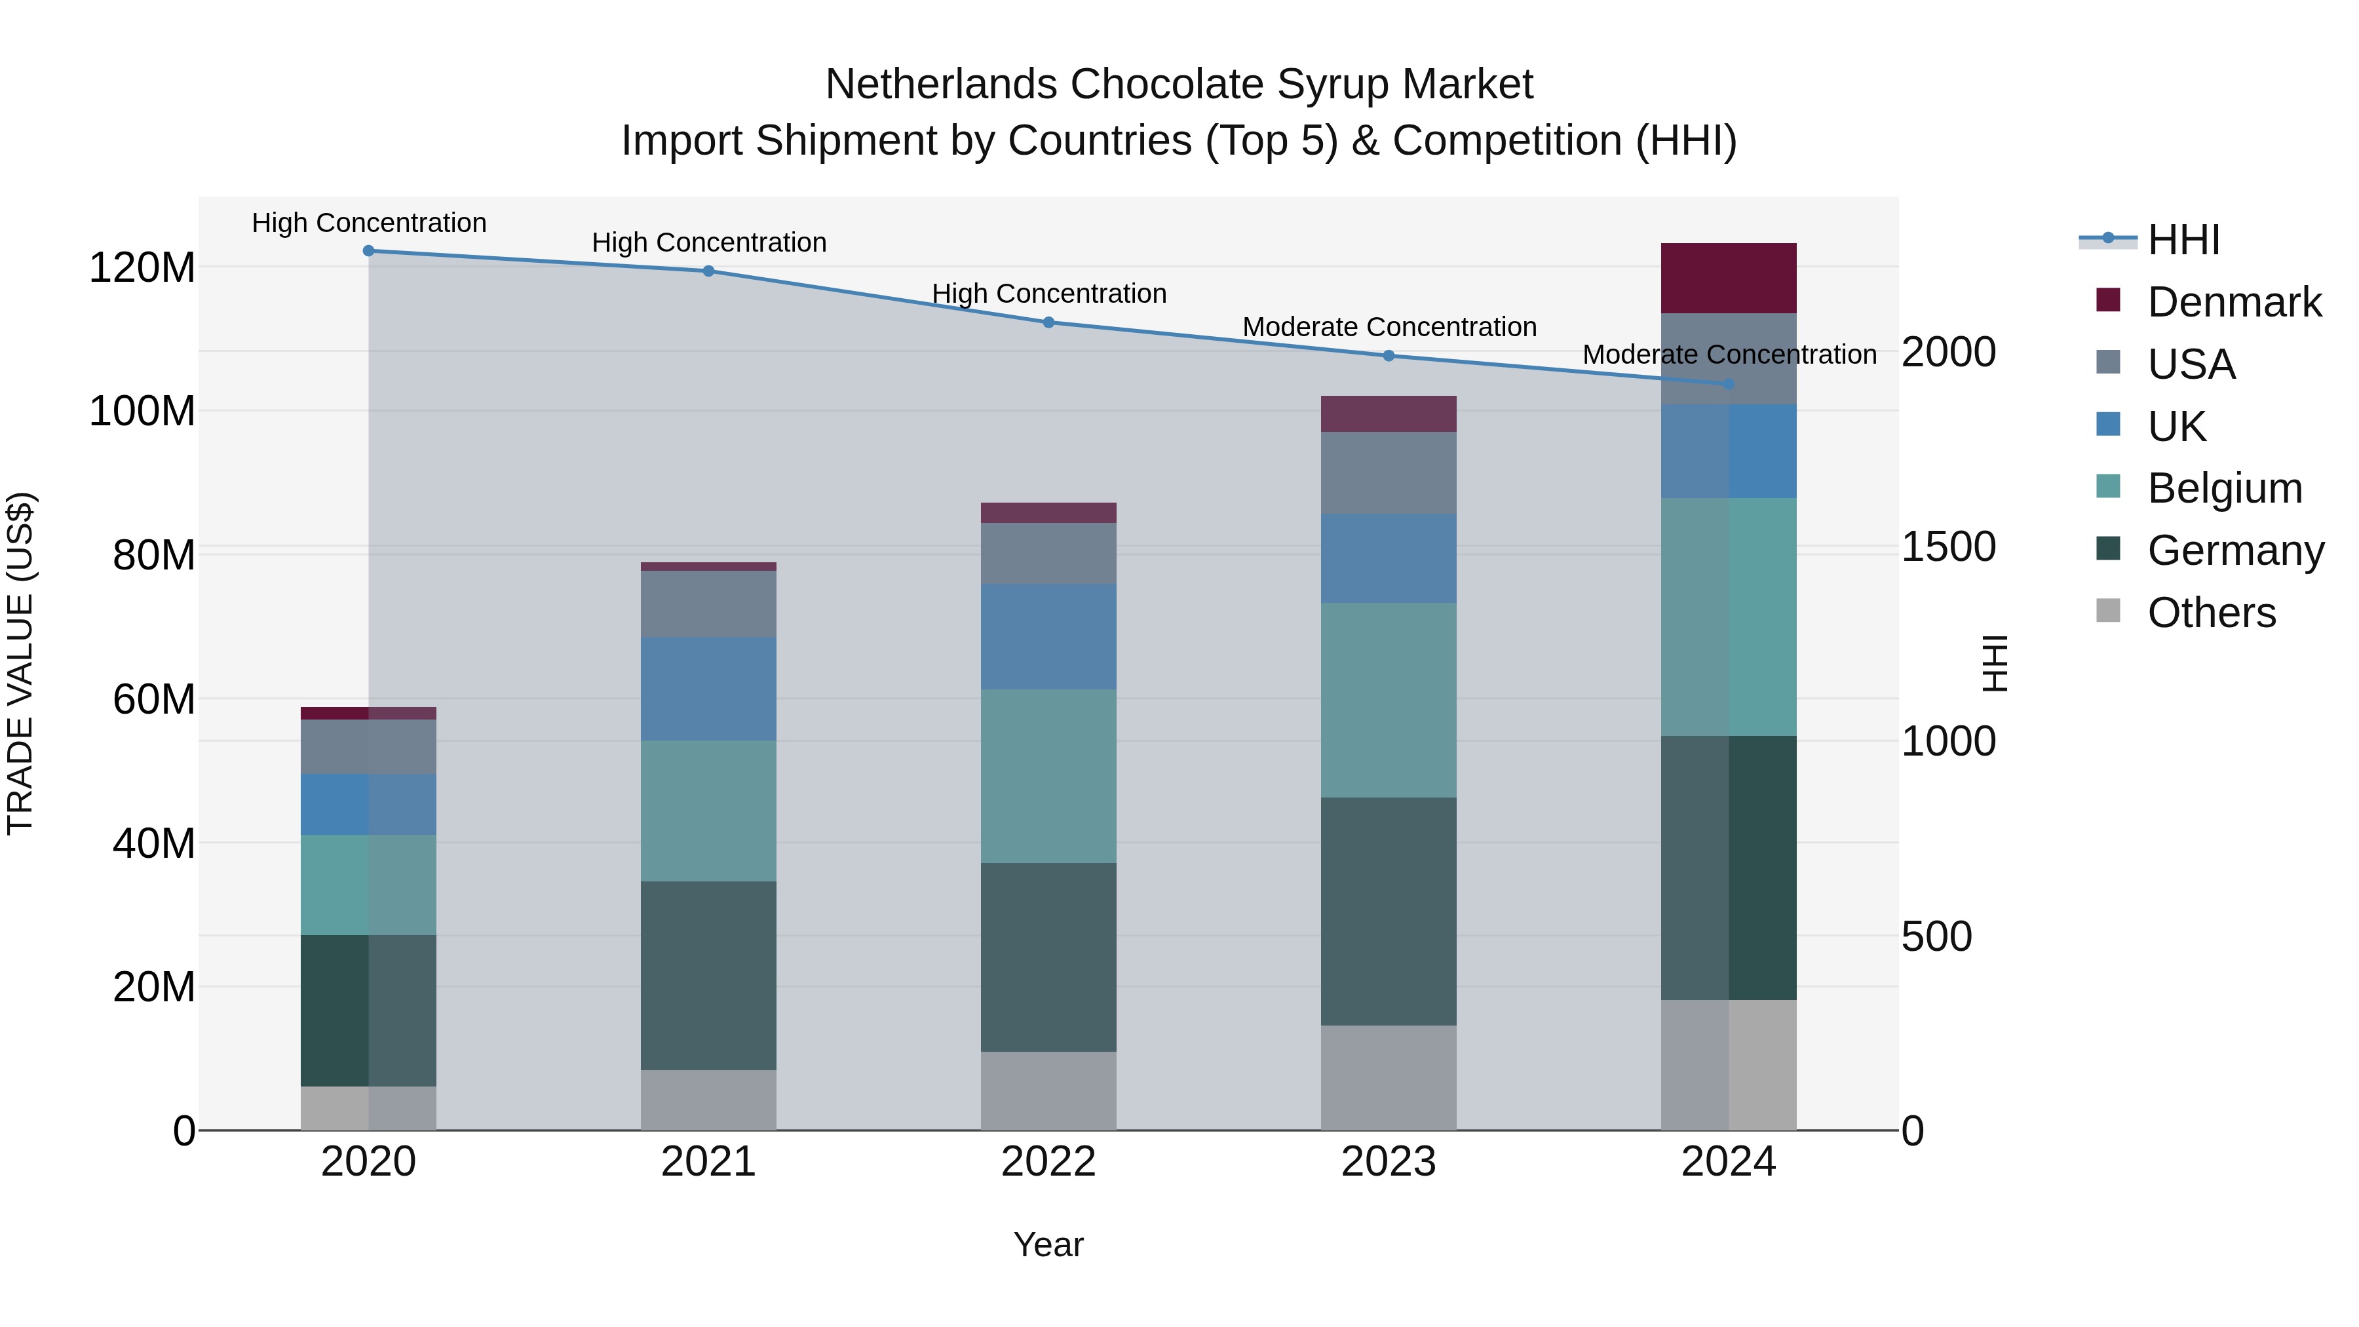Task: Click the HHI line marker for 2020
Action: click(x=368, y=251)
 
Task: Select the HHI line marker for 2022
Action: click(x=1048, y=322)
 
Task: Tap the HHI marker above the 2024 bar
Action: click(x=1728, y=384)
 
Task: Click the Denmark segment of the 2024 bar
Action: click(x=1728, y=279)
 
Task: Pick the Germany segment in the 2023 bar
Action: click(x=1389, y=912)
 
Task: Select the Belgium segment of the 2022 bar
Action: click(x=1048, y=776)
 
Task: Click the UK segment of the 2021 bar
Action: click(x=708, y=689)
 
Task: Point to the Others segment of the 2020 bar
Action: click(x=368, y=1108)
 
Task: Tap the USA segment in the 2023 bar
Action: click(x=1389, y=472)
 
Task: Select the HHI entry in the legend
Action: click(x=2183, y=240)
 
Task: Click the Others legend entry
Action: click(x=2211, y=613)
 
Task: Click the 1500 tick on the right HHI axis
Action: click(x=1948, y=547)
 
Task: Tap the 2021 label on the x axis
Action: click(x=708, y=1162)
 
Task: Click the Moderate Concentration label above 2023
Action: click(x=1389, y=327)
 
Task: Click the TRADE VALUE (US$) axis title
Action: click(x=20, y=663)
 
